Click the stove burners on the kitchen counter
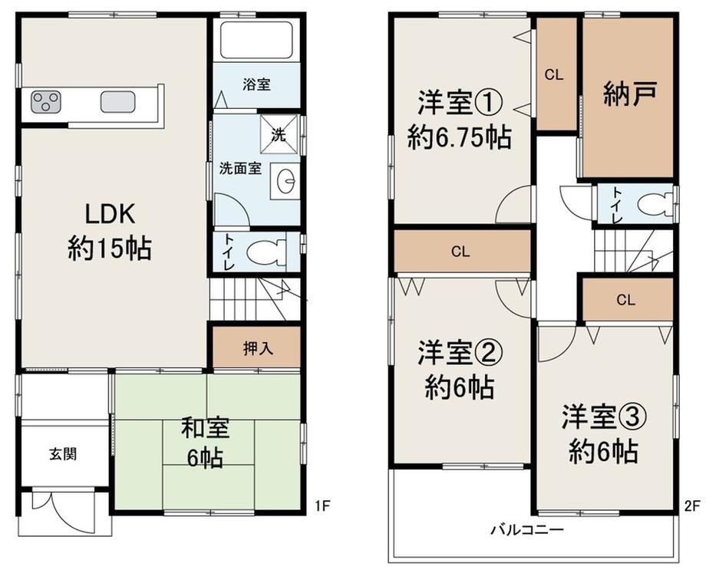click(45, 102)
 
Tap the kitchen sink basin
click(117, 102)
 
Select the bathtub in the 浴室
click(256, 40)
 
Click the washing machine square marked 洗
click(279, 134)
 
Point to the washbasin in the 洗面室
click(285, 181)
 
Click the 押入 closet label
click(258, 348)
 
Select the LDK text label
click(111, 214)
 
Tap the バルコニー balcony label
click(526, 529)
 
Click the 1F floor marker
click(322, 506)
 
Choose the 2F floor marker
click(692, 506)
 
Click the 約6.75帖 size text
click(460, 137)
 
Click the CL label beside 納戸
click(554, 74)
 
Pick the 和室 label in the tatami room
click(206, 428)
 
